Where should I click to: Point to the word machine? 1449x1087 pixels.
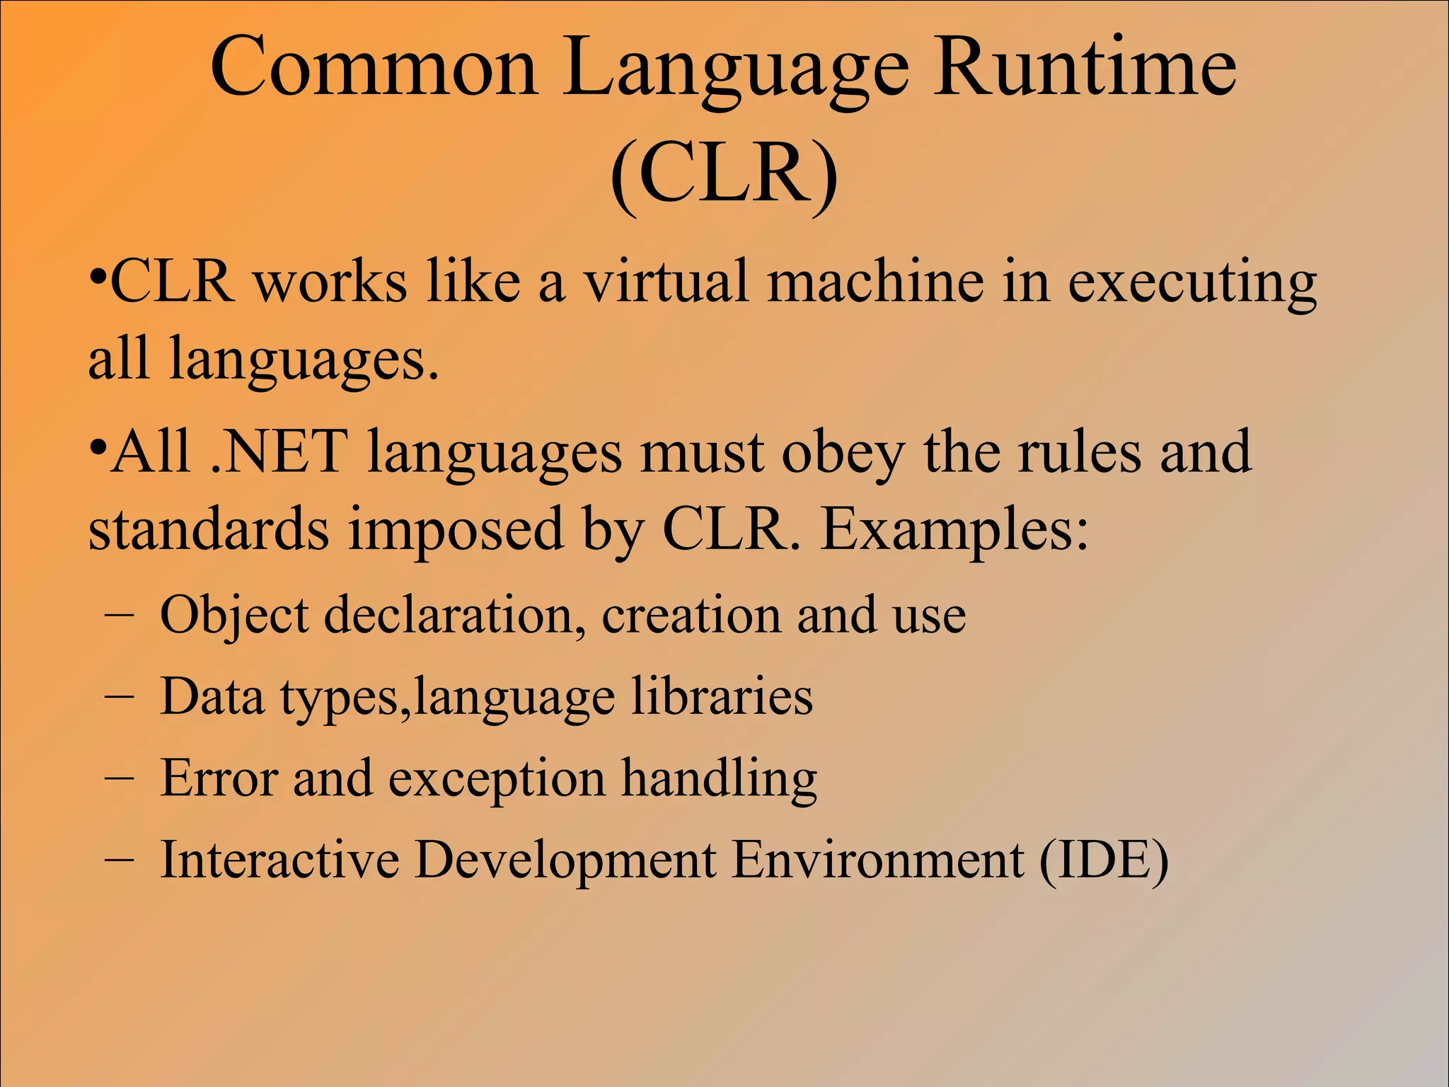pyautogui.click(x=876, y=282)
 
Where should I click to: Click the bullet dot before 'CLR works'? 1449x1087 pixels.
pyautogui.click(x=98, y=273)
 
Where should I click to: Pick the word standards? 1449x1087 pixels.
pyautogui.click(x=208, y=529)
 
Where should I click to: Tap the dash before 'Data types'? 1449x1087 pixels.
pyautogui.click(x=118, y=696)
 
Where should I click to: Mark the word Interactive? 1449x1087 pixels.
pyautogui.click(x=279, y=860)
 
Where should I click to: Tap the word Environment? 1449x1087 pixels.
pyautogui.click(x=877, y=860)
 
